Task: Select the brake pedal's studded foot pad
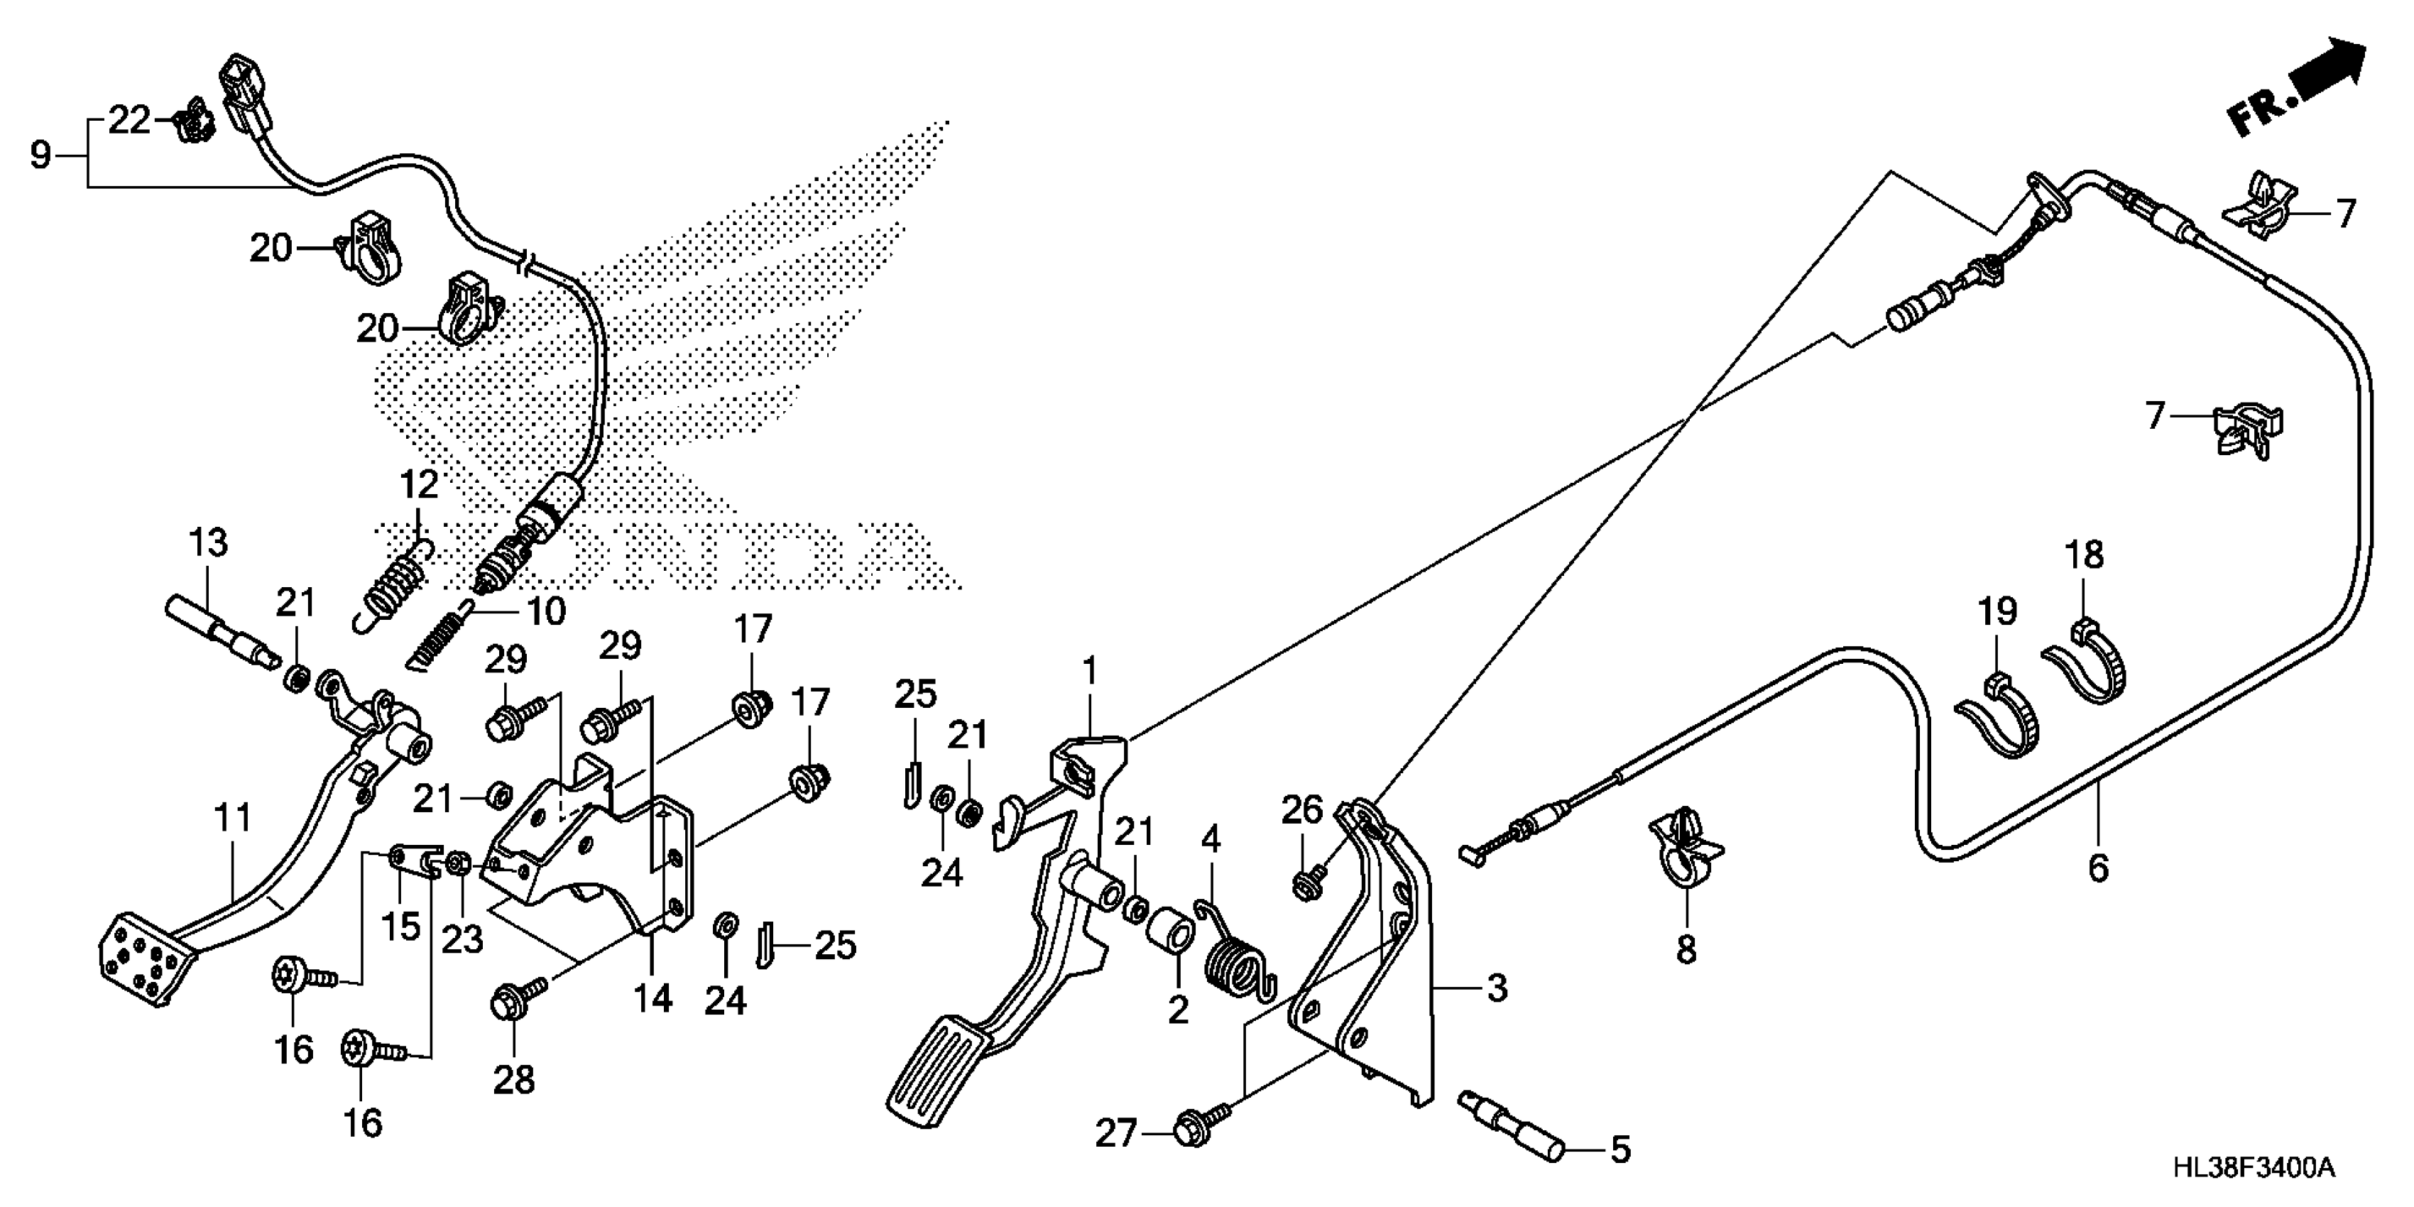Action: click(144, 960)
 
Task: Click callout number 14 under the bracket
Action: click(652, 999)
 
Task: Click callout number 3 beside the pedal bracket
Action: click(1497, 988)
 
